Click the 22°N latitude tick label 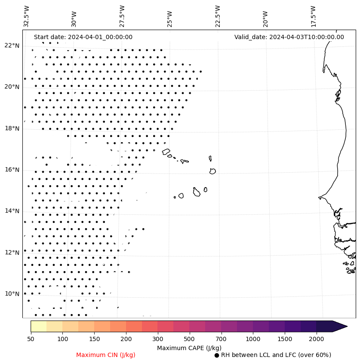click(x=12, y=46)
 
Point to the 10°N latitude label click(x=12, y=294)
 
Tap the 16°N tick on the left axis click(x=12, y=170)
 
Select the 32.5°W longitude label click(x=27, y=16)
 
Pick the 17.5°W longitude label click(x=313, y=16)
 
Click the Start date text click(x=83, y=37)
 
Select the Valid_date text click(x=289, y=37)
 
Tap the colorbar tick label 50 click(x=31, y=339)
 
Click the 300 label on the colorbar click(x=158, y=339)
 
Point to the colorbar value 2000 click(x=317, y=339)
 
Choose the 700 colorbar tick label click(x=221, y=339)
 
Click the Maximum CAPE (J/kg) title click(x=189, y=348)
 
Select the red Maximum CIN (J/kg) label click(x=106, y=355)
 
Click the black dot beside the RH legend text click(x=217, y=355)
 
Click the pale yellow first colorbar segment click(x=38, y=326)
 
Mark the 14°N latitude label click(x=12, y=211)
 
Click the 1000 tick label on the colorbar click(x=253, y=339)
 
